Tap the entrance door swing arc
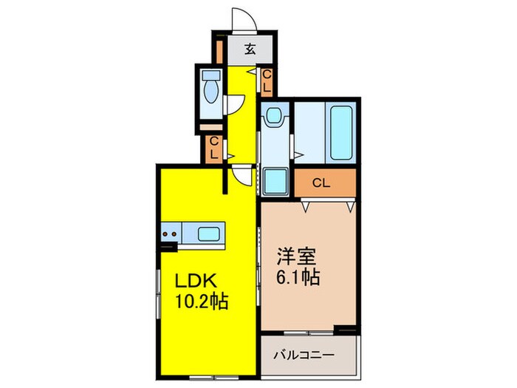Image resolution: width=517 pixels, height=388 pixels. point(243,20)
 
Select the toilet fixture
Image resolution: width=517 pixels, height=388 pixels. point(210,89)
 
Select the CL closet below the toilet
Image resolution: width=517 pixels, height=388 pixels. point(213,148)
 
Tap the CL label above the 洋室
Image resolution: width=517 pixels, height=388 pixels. point(321,183)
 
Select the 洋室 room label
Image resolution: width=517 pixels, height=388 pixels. point(296,257)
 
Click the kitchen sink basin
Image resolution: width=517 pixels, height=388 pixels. point(209,234)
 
